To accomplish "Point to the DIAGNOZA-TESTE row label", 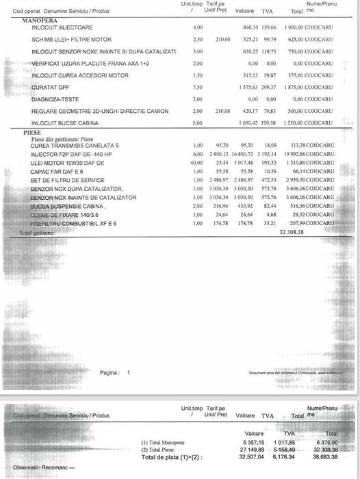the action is [x=55, y=99].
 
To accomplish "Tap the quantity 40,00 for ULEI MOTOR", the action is [x=198, y=164].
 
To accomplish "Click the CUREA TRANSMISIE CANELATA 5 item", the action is [x=75, y=146].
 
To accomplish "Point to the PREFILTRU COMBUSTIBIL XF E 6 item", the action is [x=73, y=223].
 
